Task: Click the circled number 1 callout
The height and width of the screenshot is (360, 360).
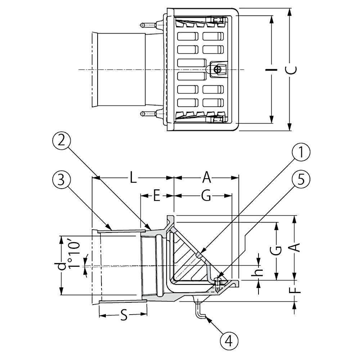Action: tap(301, 152)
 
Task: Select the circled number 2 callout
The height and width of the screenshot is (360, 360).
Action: tap(61, 141)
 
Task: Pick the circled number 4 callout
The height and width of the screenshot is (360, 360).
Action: tap(229, 341)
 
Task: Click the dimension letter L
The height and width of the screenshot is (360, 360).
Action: tap(133, 177)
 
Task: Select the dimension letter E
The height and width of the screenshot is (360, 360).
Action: tap(157, 196)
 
